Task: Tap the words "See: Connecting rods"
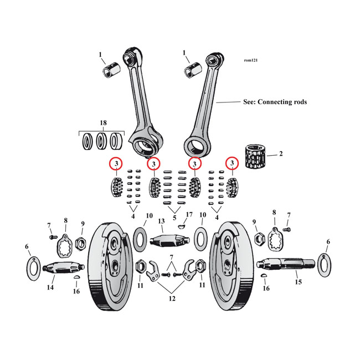click(275, 102)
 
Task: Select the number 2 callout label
click(281, 153)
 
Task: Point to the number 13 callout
click(161, 222)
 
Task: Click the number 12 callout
click(172, 299)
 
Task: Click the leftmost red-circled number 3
click(116, 164)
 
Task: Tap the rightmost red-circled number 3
click(232, 164)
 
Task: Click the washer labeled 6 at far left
click(32, 267)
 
